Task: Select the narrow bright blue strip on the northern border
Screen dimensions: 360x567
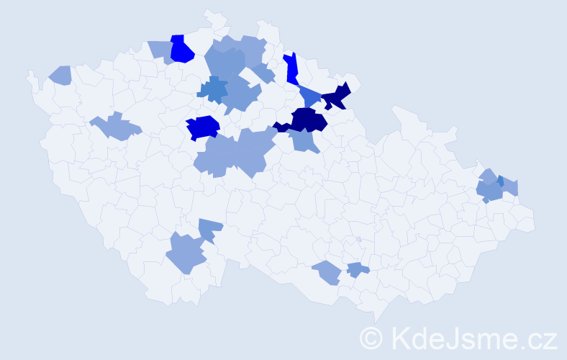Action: (291, 68)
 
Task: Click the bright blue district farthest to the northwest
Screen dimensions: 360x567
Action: (182, 50)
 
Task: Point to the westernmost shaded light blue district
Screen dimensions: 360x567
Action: (61, 74)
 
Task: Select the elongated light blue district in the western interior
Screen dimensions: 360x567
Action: (115, 127)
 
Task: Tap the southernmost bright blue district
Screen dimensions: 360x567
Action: (202, 127)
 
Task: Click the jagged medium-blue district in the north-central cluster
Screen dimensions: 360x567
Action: (213, 90)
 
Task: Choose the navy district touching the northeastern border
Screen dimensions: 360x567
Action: (336, 96)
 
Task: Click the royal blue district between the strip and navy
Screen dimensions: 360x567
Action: (310, 96)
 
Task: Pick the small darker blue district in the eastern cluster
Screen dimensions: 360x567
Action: (500, 181)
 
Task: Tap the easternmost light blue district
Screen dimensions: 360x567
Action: (510, 187)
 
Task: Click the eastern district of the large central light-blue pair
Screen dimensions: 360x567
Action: (253, 150)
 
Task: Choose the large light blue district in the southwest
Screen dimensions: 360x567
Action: (186, 253)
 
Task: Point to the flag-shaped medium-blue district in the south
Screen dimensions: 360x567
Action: (209, 229)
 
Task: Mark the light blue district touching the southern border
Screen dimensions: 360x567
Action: (327, 272)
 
